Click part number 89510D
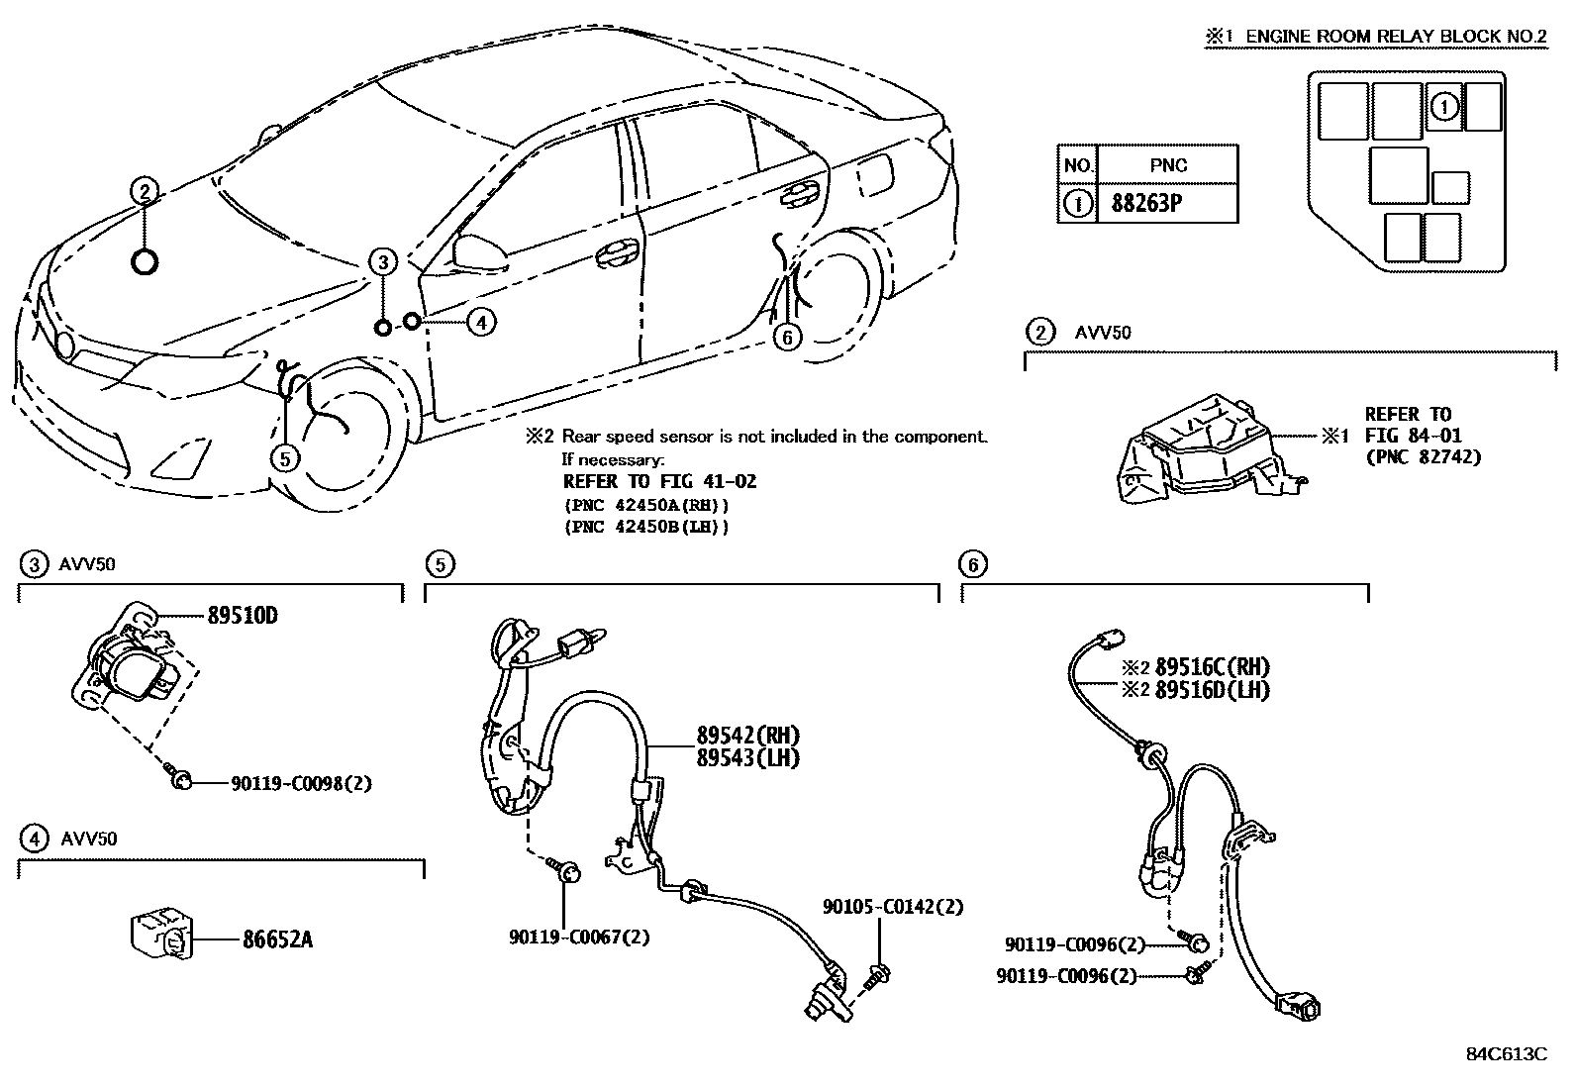coord(242,616)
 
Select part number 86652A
coord(277,940)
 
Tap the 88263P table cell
coord(1168,204)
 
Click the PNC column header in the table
coord(1168,165)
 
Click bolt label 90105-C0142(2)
coord(892,907)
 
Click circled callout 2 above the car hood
coord(144,191)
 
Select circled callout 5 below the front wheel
coord(284,458)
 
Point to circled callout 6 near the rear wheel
coord(787,338)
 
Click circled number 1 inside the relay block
coord(1444,106)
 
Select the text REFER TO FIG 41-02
coord(659,482)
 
